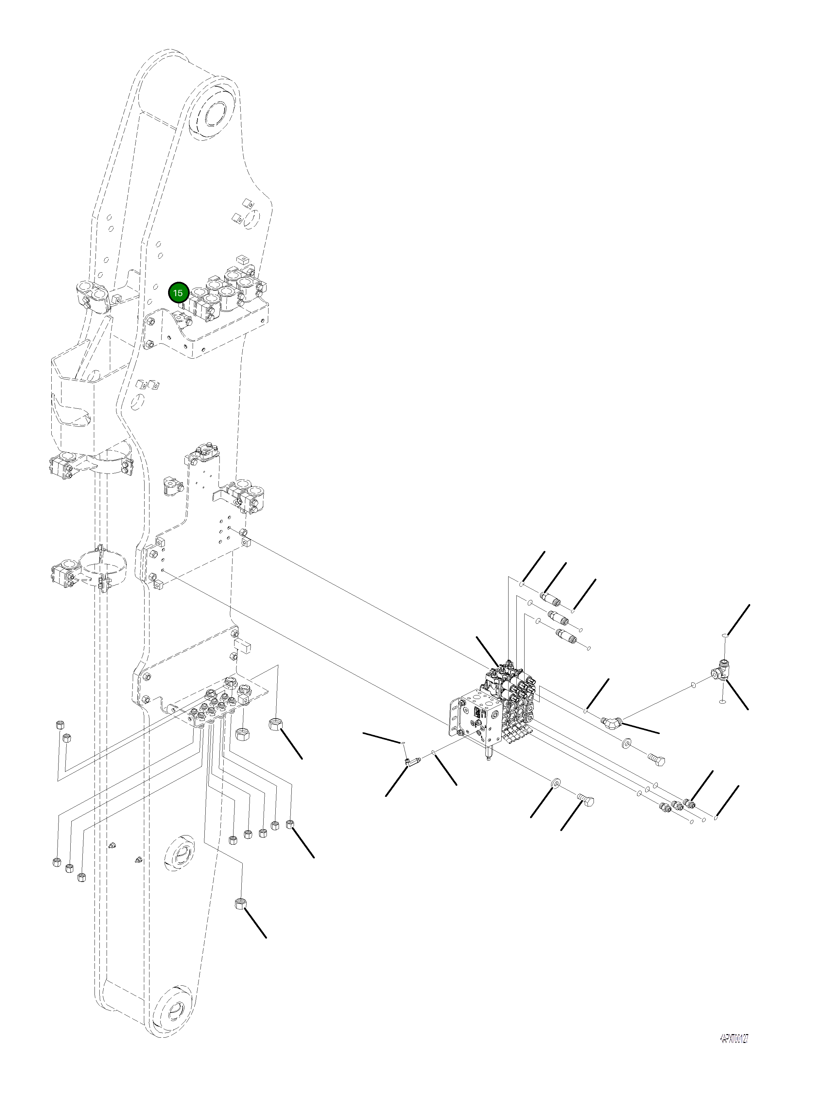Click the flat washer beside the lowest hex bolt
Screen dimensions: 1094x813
point(556,781)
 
